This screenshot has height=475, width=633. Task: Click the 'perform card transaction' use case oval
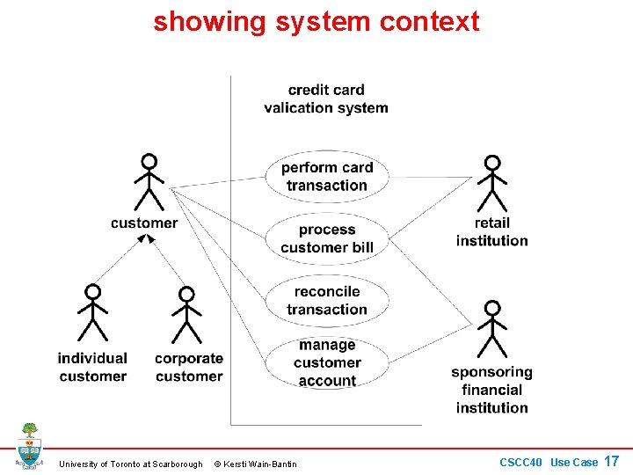(x=327, y=176)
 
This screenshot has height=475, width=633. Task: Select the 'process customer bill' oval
(x=327, y=238)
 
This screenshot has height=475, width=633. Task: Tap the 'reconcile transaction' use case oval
(x=327, y=300)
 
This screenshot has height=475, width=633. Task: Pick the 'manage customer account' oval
(x=327, y=362)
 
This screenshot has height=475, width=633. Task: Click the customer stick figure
(x=149, y=182)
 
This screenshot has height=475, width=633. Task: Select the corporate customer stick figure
(x=186, y=313)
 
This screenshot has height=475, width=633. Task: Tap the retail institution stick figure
(x=492, y=183)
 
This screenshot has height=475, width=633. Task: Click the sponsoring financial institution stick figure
(x=492, y=328)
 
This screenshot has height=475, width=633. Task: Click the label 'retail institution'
(x=492, y=231)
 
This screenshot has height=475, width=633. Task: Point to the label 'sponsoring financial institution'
(x=492, y=390)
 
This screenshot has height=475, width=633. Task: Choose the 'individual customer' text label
(x=92, y=367)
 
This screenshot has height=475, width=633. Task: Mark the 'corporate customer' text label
(x=189, y=367)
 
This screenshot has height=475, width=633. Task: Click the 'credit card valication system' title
(x=326, y=99)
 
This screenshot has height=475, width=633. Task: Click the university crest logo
(x=29, y=446)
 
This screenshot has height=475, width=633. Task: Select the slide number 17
(x=612, y=461)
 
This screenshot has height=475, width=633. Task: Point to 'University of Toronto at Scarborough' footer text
(x=130, y=464)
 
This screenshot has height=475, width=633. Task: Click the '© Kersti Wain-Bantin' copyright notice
(x=256, y=464)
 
